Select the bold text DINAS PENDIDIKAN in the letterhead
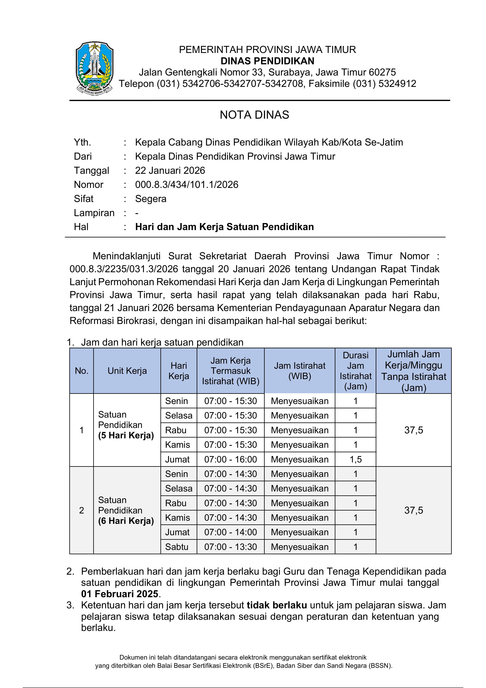tap(267, 61)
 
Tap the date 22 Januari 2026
tap(170, 170)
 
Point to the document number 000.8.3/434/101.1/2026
tap(187, 185)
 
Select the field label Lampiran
tap(94, 213)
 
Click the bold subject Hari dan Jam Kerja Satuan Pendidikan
tap(224, 227)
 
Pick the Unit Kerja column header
tap(127, 371)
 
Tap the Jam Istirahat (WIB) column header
tap(300, 371)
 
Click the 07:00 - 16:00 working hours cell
tap(230, 459)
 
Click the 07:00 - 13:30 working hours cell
tap(230, 547)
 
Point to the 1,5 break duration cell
tap(356, 459)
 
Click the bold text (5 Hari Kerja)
tap(126, 435)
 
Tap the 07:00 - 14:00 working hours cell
tap(230, 532)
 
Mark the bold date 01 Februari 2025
tap(120, 594)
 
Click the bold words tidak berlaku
tap(277, 605)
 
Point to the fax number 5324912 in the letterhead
tap(397, 84)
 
